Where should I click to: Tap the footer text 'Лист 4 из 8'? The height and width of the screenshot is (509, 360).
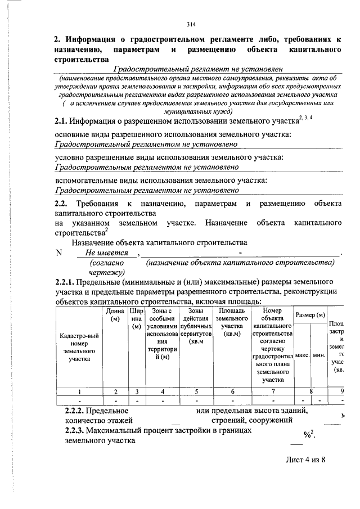coord(305,460)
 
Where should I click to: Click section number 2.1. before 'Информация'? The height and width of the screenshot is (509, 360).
coord(61,121)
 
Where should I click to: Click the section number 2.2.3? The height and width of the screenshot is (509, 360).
coord(75,431)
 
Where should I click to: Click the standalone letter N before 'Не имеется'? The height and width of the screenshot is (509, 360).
coord(58,253)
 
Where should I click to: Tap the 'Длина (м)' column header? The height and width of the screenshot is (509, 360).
coord(115,315)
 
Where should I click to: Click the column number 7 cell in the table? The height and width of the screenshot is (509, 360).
coord(272,391)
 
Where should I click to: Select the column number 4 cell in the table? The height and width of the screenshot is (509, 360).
coord(162,391)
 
